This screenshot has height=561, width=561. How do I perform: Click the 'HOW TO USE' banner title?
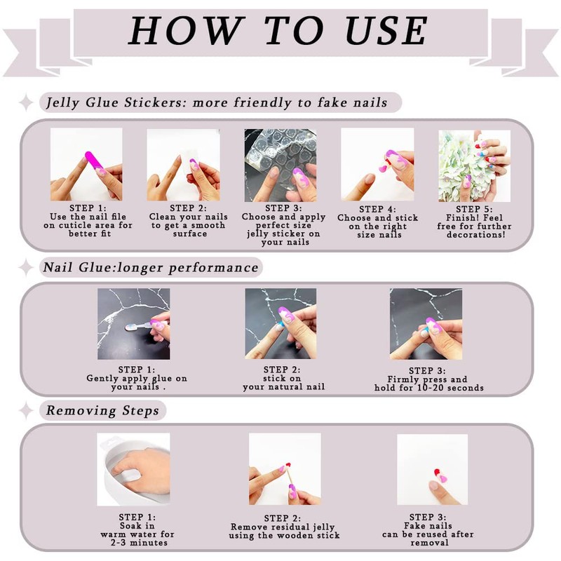pos(278,30)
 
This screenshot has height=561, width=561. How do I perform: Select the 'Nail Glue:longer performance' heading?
pos(151,267)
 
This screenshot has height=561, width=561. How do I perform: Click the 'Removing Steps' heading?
pos(102,410)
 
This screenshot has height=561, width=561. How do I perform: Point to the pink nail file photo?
pos(86,164)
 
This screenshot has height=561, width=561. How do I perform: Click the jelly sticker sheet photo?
pos(280,165)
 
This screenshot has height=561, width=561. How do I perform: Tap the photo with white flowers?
pos(475,166)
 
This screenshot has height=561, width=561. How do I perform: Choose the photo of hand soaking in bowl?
pos(133,469)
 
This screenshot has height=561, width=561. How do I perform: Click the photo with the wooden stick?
pos(285,469)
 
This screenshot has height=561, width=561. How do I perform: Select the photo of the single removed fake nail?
pos(432,469)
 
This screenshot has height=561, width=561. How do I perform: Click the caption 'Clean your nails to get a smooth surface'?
pos(189,225)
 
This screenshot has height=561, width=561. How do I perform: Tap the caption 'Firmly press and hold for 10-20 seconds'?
pos(428,384)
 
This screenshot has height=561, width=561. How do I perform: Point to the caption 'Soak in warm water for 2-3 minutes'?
pos(137,534)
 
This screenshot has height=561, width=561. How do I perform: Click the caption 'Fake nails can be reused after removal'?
pos(428,534)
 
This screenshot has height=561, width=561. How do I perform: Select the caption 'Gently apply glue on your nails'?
pos(137,382)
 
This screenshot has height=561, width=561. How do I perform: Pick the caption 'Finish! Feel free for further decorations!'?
pos(475,226)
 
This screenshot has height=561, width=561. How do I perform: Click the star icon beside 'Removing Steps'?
pos(26,410)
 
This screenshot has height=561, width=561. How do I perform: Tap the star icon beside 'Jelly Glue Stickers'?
pos(26,102)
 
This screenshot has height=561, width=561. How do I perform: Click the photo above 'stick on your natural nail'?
pos(280,324)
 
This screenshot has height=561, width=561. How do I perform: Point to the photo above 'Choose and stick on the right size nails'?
pos(377,165)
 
